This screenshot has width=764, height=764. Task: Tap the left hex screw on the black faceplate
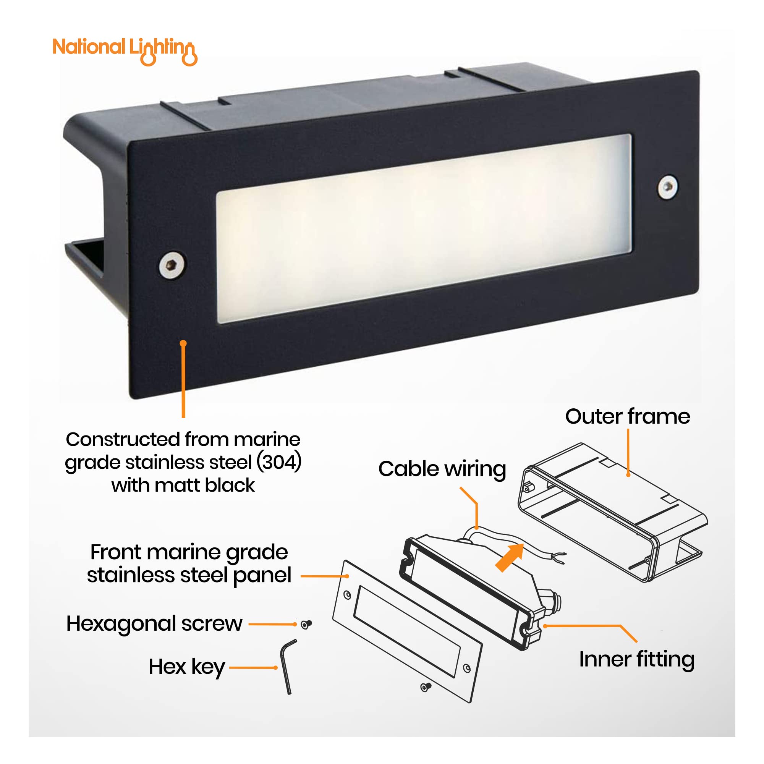(172, 264)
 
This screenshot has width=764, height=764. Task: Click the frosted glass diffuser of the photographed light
(424, 228)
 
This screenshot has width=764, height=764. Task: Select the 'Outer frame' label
(628, 416)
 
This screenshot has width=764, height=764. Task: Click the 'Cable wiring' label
(442, 469)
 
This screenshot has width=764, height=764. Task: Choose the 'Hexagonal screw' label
(154, 625)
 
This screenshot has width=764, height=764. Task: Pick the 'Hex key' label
(187, 667)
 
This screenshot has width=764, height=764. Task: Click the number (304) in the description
(279, 462)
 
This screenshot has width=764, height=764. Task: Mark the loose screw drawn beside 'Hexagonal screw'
(306, 625)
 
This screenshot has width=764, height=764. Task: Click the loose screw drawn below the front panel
(426, 687)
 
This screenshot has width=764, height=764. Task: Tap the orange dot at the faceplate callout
(183, 344)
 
